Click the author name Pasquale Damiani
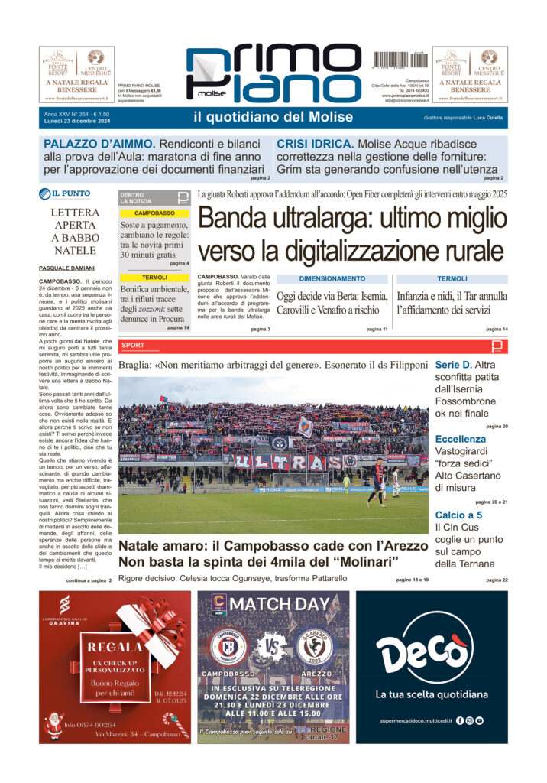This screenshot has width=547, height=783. click(x=66, y=268)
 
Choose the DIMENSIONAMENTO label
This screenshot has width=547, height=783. click(x=332, y=279)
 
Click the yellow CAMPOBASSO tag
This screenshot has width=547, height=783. click(x=154, y=213)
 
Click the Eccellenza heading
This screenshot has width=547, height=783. click(x=460, y=439)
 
